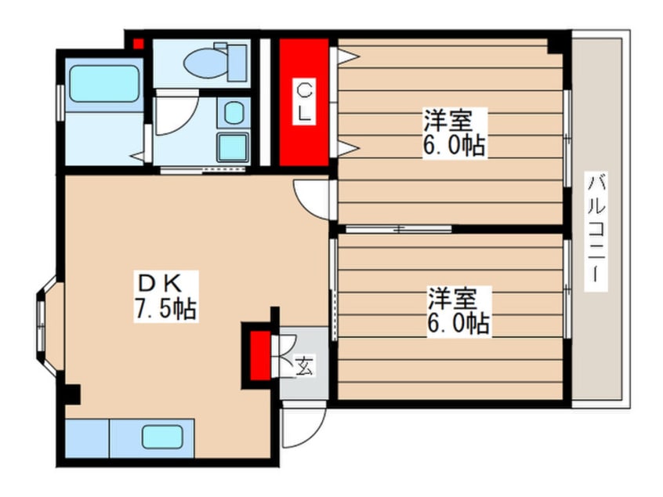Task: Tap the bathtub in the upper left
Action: coord(103,84)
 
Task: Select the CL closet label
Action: coord(304,103)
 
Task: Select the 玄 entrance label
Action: coord(304,365)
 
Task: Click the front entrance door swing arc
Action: coord(304,427)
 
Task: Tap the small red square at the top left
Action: coord(138,42)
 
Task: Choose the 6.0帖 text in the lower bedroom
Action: coord(458,323)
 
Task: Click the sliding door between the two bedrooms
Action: coord(398,229)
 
